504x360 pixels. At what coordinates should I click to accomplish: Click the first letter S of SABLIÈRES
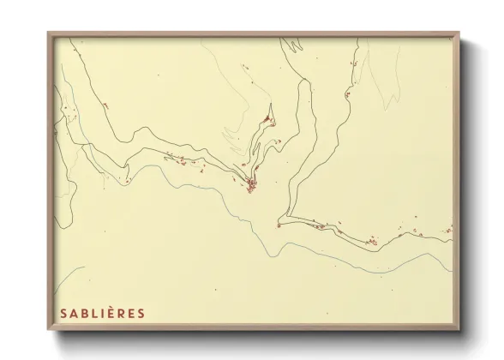pos(63,313)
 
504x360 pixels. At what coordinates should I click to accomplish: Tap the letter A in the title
pos(75,313)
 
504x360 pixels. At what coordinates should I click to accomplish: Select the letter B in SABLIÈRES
pos(85,313)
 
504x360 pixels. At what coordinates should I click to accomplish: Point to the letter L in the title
pos(95,313)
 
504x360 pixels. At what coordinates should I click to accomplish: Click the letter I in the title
pos(103,313)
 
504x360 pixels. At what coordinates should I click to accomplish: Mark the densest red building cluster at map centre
pos(251,183)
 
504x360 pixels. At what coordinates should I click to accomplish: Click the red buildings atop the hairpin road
pos(268,118)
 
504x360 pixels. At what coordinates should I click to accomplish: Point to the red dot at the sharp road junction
pos(279,225)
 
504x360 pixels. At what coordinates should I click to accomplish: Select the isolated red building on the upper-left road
pos(106,105)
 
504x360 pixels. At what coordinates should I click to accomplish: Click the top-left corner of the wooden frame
pos(48,33)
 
